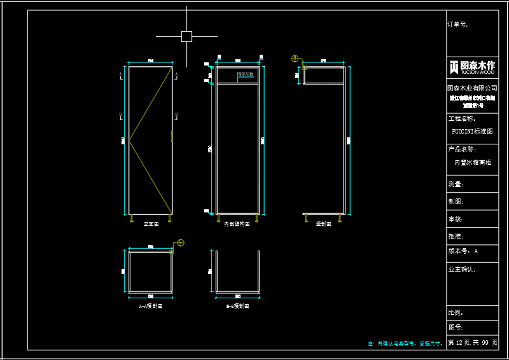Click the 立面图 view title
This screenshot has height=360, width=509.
[x=151, y=224]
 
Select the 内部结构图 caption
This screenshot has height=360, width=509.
[x=237, y=224]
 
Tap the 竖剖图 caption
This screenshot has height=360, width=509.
[x=323, y=224]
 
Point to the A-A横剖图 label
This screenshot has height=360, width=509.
[x=151, y=306]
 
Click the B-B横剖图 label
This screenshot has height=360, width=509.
[x=237, y=306]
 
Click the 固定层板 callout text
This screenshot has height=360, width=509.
[x=245, y=74]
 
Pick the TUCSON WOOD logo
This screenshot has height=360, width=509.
[x=471, y=67]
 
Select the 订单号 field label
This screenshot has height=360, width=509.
[x=458, y=25]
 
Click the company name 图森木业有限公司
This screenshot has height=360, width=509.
[x=471, y=88]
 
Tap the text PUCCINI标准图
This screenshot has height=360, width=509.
[x=471, y=132]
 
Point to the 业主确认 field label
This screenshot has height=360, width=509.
[x=462, y=269]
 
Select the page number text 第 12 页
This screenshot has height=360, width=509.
[x=459, y=343]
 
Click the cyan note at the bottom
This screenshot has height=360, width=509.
[x=405, y=343]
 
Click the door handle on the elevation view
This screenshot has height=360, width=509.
[x=172, y=136]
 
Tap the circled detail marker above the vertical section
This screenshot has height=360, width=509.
[x=295, y=59]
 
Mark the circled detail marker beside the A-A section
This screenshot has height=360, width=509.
[x=181, y=242]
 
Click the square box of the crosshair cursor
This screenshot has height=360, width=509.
[x=186, y=36]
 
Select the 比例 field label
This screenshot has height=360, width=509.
[x=456, y=313]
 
